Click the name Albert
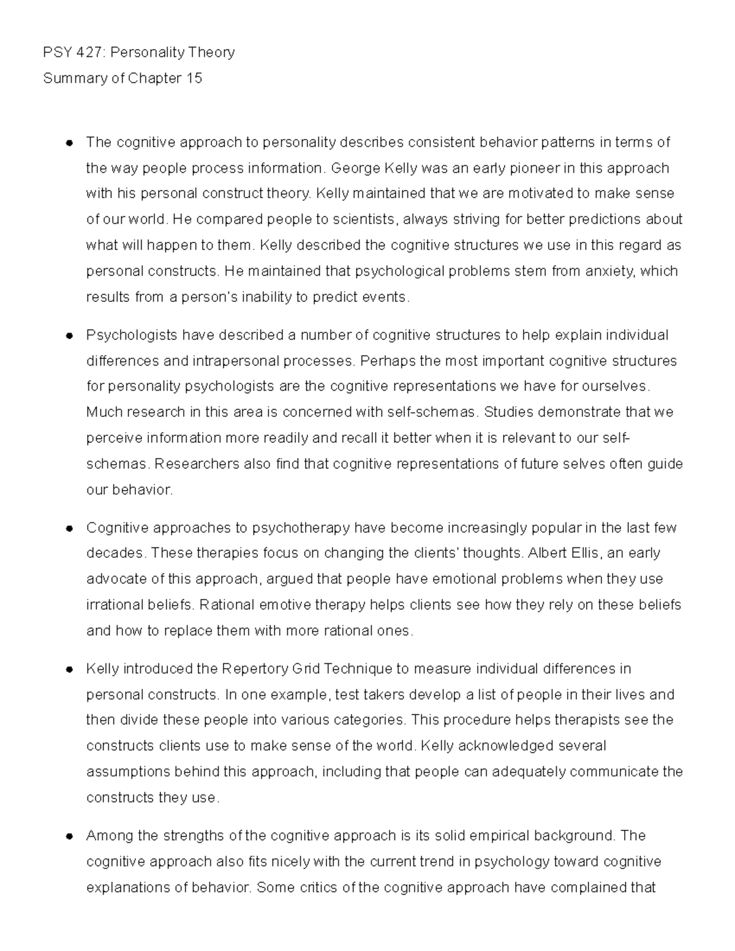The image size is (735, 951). [x=546, y=554]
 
